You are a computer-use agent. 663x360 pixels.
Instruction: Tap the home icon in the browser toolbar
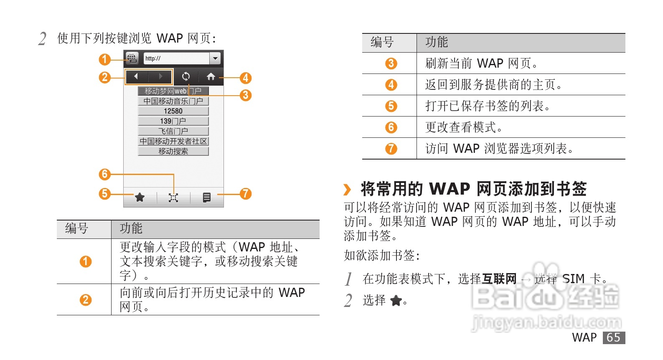point(211,76)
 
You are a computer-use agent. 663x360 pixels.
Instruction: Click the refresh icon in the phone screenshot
point(185,76)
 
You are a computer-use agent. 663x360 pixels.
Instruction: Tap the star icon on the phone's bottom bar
point(140,197)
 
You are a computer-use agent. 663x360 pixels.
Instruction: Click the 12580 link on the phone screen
point(173,111)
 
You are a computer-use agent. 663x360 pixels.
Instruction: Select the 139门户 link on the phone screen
point(173,121)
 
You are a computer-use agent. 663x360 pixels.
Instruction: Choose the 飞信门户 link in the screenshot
point(173,131)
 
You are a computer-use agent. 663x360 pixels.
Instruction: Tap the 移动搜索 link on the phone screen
point(173,151)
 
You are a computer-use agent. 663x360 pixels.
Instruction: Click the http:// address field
point(176,58)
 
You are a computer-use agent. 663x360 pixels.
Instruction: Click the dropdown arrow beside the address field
point(215,58)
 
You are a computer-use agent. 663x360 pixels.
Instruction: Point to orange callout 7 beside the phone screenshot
point(246,194)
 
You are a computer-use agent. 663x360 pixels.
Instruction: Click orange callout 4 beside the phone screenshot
point(246,78)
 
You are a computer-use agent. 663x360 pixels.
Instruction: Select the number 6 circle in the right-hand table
point(391,127)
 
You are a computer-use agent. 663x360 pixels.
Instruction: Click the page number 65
point(613,337)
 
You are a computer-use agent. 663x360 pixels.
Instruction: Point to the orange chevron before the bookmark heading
point(347,190)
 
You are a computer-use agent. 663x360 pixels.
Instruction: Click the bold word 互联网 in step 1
point(499,279)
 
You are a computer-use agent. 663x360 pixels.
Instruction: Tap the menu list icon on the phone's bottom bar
point(207,197)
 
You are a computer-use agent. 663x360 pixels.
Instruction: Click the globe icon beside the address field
point(132,58)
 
